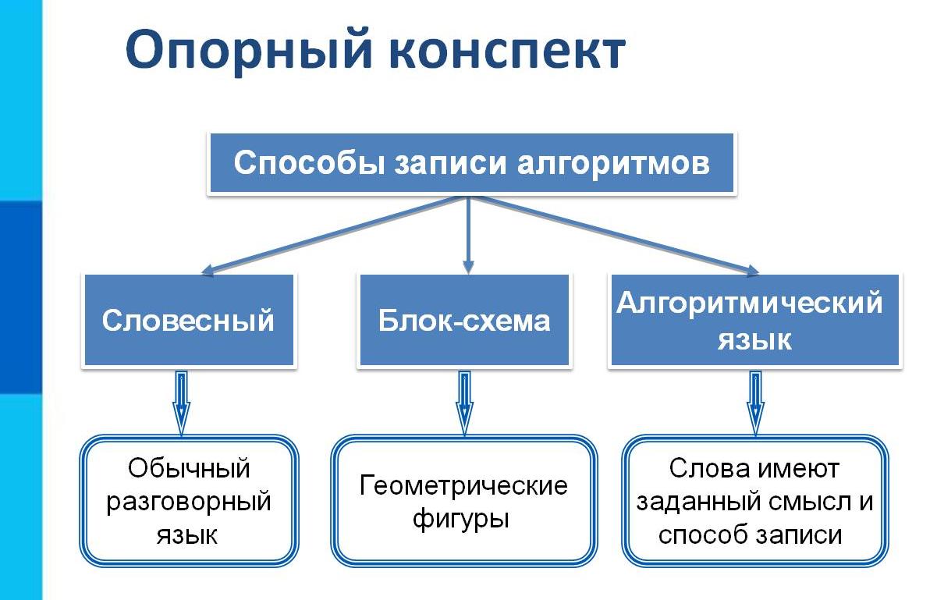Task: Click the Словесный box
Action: [188, 320]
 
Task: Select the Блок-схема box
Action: [464, 320]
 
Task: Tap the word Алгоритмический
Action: [749, 302]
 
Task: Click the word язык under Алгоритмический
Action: [754, 339]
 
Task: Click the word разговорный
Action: [188, 501]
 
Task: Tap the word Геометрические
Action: [463, 486]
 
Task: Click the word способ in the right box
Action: [695, 534]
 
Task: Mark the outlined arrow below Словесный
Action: [181, 402]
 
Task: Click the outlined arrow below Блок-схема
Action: [464, 402]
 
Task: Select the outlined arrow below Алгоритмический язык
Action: [754, 402]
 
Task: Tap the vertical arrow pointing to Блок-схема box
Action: [467, 234]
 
